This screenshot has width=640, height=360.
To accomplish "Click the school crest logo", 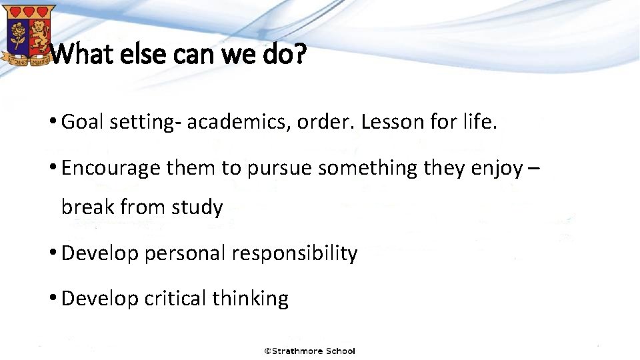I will [x=28, y=34].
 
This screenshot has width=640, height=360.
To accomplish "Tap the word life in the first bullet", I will [x=480, y=122].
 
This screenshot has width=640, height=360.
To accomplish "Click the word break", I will [x=87, y=207].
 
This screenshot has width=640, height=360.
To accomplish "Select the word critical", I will [x=175, y=299].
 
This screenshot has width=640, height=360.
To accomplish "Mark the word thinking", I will [x=250, y=299].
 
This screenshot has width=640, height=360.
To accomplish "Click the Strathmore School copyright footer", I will [x=309, y=351].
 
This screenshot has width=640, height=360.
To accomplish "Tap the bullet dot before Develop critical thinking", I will [x=53, y=299].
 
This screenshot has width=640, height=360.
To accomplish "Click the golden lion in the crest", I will [x=39, y=31].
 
